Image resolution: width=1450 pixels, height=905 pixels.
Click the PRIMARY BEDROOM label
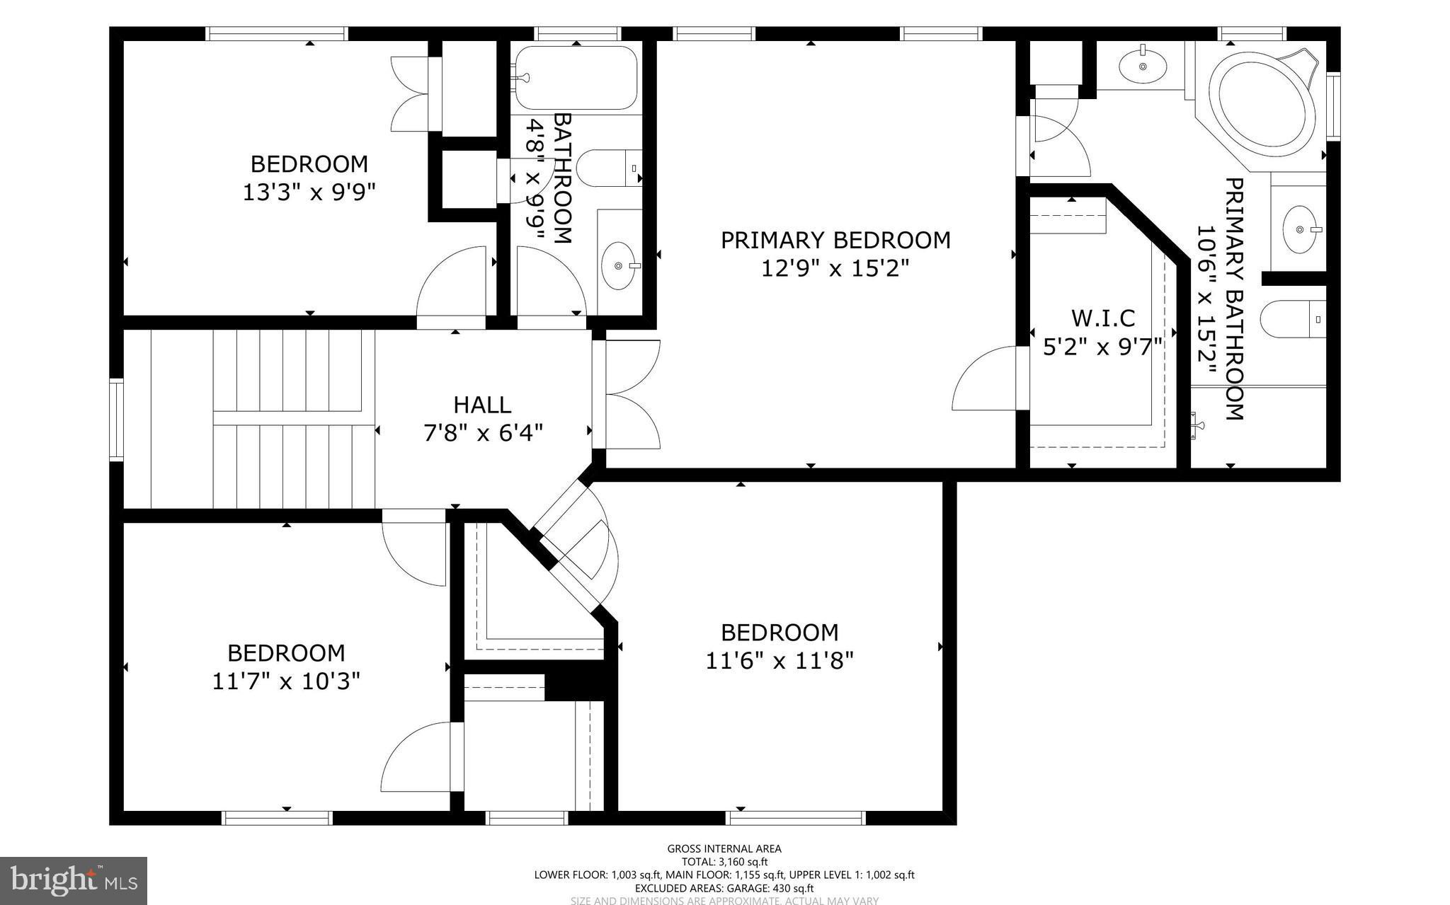(835, 241)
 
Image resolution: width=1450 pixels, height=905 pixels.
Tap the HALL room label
(482, 405)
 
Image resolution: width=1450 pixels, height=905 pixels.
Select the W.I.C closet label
(1103, 318)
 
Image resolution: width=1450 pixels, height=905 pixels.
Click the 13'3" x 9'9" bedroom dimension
(309, 192)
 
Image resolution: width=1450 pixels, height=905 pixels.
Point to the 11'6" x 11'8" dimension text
(780, 661)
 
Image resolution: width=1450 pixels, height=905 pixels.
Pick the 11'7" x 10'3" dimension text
(286, 681)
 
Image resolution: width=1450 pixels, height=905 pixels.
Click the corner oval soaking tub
(1262, 104)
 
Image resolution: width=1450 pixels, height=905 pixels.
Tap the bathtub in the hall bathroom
(575, 78)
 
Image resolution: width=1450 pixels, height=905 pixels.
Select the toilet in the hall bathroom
(607, 168)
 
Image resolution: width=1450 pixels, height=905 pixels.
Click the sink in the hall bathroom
(618, 265)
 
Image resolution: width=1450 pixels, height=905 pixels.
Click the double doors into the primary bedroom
(630, 394)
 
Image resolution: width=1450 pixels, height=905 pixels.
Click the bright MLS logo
(74, 880)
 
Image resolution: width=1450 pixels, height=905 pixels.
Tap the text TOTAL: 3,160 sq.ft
(724, 862)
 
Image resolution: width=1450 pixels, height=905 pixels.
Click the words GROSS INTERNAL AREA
(724, 849)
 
